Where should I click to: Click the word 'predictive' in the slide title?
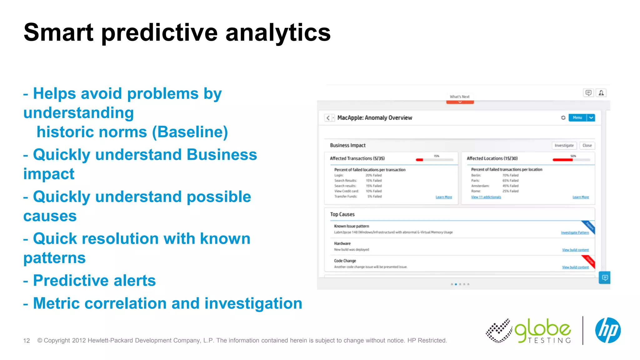(159, 33)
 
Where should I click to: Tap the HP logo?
(607, 330)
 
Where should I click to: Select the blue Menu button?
(577, 118)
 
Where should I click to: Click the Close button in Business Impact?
(587, 146)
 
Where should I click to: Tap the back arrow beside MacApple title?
(328, 118)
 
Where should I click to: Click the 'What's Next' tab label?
(459, 97)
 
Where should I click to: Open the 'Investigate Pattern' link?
(574, 233)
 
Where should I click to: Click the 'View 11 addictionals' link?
(486, 197)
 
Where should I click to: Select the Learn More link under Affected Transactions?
(444, 197)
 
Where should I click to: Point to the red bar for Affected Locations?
(562, 160)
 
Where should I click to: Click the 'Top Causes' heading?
(342, 214)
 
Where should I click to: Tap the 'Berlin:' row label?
(476, 175)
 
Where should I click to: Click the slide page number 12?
(27, 341)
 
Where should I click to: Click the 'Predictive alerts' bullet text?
(94, 281)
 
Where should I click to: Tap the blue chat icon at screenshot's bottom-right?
(605, 277)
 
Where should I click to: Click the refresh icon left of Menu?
(563, 118)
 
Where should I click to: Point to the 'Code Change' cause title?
(345, 261)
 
